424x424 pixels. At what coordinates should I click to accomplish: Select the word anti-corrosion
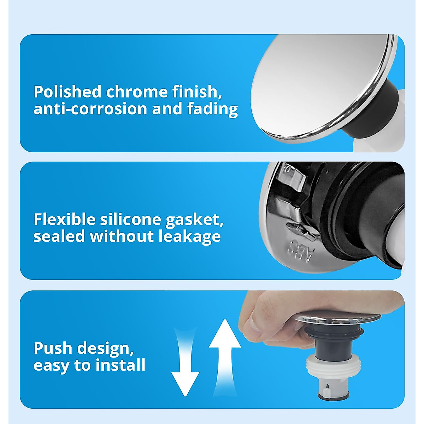[x=90, y=109]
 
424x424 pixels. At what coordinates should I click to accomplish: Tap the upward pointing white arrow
[x=225, y=350]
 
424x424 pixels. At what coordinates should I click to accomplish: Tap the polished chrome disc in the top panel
[x=318, y=81]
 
